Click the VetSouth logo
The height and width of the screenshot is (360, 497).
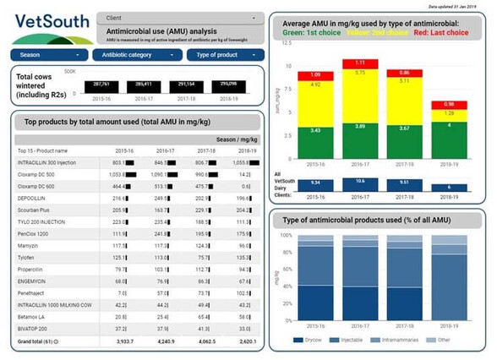click(x=46, y=27)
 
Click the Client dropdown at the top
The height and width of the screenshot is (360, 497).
click(x=179, y=17)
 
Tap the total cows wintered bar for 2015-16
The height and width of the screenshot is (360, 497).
click(x=103, y=86)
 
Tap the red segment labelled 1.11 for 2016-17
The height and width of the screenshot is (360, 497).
click(x=360, y=63)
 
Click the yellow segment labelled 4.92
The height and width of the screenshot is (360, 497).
click(x=315, y=85)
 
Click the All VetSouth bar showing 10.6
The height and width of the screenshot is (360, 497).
click(x=360, y=180)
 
